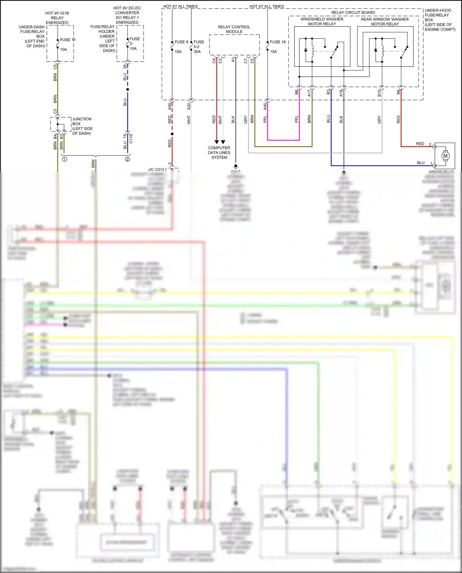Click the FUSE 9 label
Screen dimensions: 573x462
(x=181, y=42)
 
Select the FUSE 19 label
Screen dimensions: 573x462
(x=278, y=42)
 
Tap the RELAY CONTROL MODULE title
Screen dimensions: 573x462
(x=234, y=29)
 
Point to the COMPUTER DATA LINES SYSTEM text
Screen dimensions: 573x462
(x=219, y=152)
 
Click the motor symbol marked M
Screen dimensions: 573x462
(x=445, y=156)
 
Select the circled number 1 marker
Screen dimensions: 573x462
(x=64, y=159)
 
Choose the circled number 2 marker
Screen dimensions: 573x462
(x=128, y=159)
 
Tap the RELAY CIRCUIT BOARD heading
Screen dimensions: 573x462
(x=353, y=13)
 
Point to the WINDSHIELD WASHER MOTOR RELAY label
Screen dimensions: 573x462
(x=322, y=22)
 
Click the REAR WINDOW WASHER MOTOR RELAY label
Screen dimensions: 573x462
(x=385, y=22)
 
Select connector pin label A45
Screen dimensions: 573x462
(x=265, y=107)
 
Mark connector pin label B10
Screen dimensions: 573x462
(x=379, y=93)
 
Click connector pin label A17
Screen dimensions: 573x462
(x=310, y=93)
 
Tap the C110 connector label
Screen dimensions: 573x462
(x=131, y=139)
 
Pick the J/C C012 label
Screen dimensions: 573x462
(x=156, y=169)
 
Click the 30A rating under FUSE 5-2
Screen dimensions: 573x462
(x=197, y=52)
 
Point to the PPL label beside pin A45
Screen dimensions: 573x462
(x=265, y=119)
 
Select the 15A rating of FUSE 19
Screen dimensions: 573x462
(x=274, y=52)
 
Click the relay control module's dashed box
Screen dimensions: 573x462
(x=234, y=45)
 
